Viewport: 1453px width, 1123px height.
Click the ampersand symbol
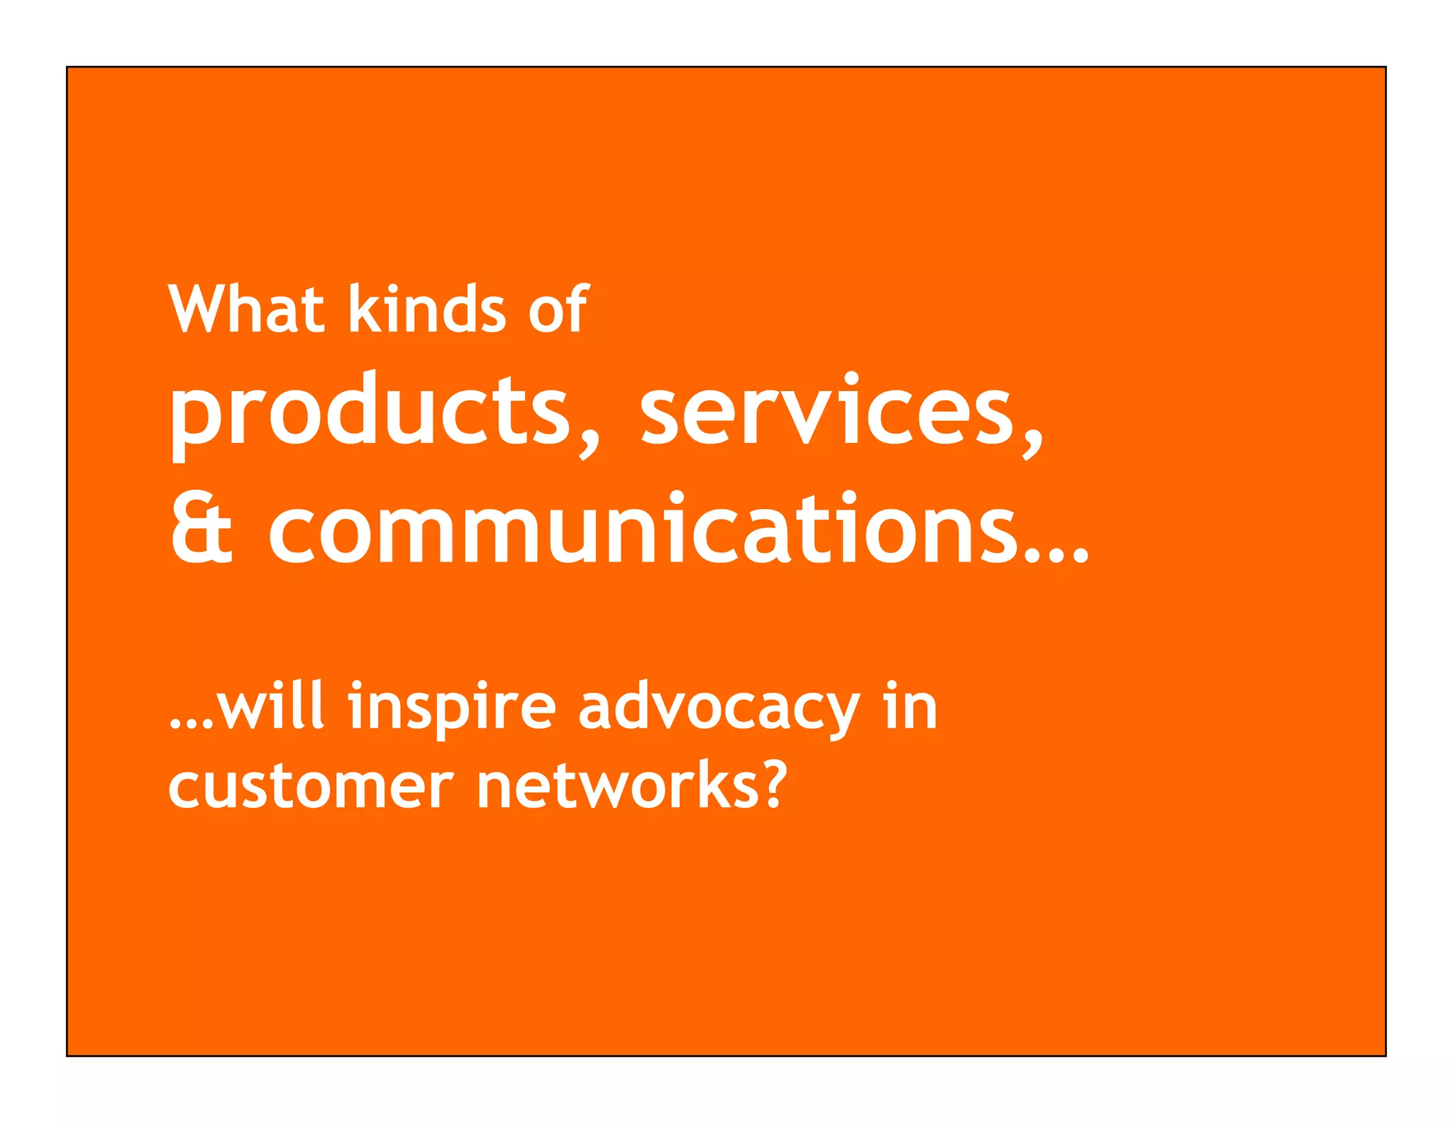click(201, 529)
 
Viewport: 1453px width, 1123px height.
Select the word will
click(271, 706)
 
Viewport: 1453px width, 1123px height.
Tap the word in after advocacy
click(911, 706)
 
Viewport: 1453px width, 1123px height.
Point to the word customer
click(311, 788)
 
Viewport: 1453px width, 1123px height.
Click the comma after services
click(1032, 444)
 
